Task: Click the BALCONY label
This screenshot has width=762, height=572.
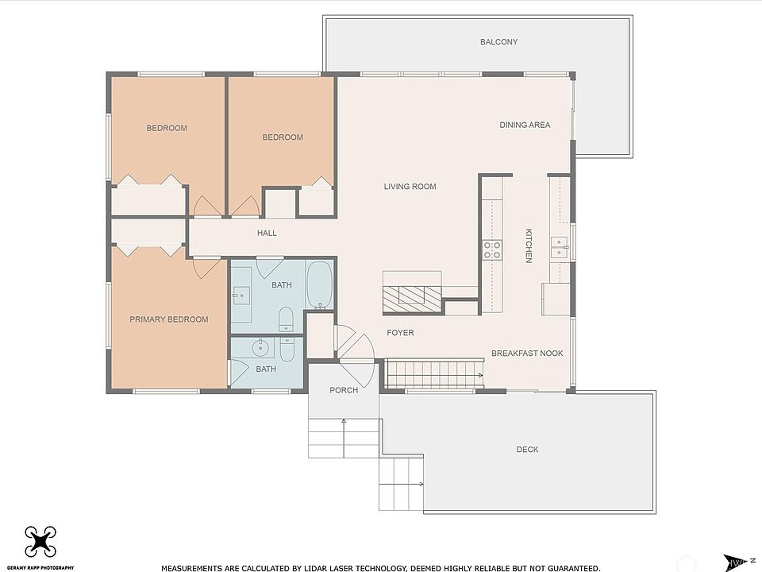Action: tap(498, 42)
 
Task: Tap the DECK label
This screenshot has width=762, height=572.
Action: tap(527, 450)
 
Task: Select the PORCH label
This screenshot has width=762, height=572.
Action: tap(344, 390)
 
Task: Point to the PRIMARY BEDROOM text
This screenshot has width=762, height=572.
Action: tap(168, 319)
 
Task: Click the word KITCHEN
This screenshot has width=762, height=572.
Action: tap(529, 245)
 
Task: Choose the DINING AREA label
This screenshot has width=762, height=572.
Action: tap(525, 125)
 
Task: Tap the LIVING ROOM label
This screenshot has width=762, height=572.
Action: tap(410, 186)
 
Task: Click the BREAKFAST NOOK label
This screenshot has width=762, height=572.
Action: tap(527, 353)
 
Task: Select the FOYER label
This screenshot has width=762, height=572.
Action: tap(400, 333)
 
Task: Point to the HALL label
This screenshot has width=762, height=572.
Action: tap(267, 233)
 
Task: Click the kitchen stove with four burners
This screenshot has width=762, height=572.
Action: tap(492, 250)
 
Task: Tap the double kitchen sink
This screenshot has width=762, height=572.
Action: tap(558, 248)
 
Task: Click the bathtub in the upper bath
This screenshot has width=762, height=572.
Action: tap(319, 285)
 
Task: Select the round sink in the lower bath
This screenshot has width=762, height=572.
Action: tap(261, 347)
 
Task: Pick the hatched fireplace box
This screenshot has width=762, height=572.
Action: tap(412, 300)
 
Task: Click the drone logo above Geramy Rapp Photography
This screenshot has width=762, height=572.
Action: tap(40, 541)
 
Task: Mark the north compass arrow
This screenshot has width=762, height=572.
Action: tap(735, 562)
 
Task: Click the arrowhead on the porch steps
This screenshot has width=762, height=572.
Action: tap(344, 421)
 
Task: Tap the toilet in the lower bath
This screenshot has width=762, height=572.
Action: tap(287, 350)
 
